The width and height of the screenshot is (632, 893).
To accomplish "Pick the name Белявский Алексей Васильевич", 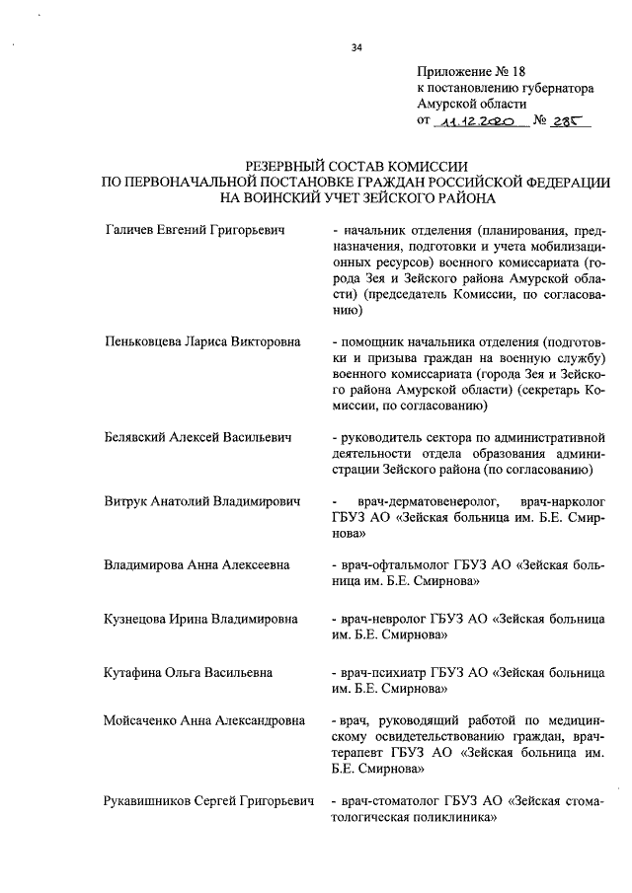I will [197, 437].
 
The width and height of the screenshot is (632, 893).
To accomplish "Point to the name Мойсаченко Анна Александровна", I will [210, 721].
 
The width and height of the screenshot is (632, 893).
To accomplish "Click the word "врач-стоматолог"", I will [389, 800].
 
